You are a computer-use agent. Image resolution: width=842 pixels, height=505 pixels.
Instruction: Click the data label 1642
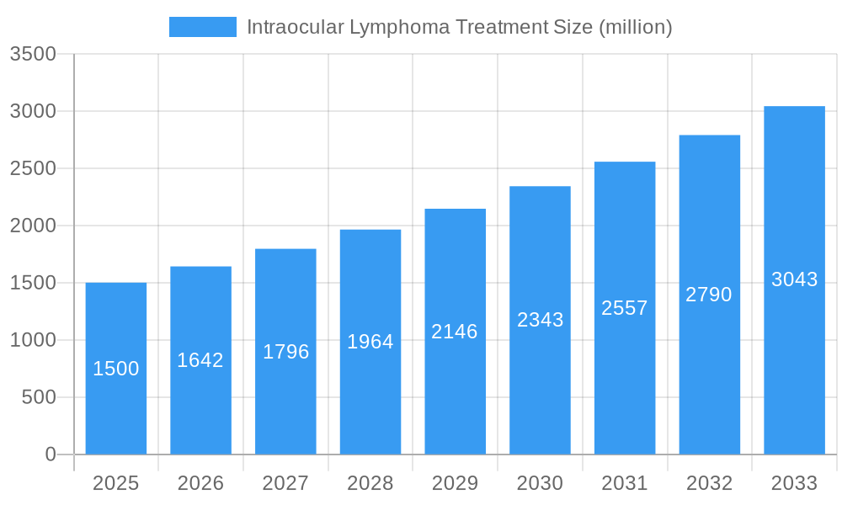click(x=200, y=360)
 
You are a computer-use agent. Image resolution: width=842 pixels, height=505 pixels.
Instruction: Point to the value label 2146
click(x=455, y=332)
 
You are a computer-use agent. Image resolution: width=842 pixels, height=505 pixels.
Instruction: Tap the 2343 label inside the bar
click(x=540, y=320)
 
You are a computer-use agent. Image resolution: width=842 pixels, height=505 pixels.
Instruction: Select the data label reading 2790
click(x=709, y=295)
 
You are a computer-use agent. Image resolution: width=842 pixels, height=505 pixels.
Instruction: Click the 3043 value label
click(x=794, y=279)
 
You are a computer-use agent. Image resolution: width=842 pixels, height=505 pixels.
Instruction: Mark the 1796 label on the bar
click(x=285, y=352)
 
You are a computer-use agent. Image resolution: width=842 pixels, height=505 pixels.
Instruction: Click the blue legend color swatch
click(x=203, y=27)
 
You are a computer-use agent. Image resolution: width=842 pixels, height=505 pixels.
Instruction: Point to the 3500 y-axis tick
click(x=33, y=54)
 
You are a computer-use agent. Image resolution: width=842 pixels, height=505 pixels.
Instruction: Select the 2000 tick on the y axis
click(x=33, y=226)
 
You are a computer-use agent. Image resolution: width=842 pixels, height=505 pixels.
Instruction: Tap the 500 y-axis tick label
click(x=39, y=397)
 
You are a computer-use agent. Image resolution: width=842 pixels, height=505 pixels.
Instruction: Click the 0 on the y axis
click(x=50, y=454)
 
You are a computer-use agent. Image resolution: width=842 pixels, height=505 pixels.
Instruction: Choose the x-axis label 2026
click(x=200, y=483)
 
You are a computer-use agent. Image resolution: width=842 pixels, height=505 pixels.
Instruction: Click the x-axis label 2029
click(x=455, y=483)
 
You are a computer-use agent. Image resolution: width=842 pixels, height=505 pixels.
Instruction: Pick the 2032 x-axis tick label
click(x=709, y=483)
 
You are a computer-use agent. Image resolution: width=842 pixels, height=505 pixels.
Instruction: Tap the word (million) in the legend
click(x=635, y=27)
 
